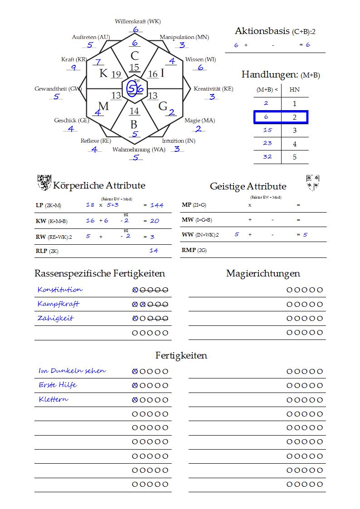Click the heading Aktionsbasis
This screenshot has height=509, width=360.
[x=262, y=31]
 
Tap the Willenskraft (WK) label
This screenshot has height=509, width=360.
[x=137, y=21]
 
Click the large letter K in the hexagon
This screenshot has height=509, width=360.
[x=103, y=73]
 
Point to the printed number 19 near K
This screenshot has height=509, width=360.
[x=116, y=74]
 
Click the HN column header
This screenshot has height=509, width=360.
[x=294, y=90]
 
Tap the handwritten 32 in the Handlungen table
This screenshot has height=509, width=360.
[x=267, y=157]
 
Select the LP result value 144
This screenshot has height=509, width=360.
[x=157, y=205]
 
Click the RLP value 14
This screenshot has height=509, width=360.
[x=154, y=250]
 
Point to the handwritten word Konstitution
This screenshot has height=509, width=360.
[x=60, y=289]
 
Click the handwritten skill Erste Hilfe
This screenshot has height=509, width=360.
[x=58, y=385]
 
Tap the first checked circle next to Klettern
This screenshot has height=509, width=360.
[x=135, y=400]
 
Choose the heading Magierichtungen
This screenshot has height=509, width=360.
[x=263, y=273]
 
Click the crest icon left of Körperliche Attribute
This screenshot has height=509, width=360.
[x=44, y=183]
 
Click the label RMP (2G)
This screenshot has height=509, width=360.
[x=194, y=250]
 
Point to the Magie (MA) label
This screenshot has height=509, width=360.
[x=199, y=121]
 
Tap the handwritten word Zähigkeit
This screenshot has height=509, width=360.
[x=55, y=318]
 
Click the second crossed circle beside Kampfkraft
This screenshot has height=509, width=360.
[x=142, y=304]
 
